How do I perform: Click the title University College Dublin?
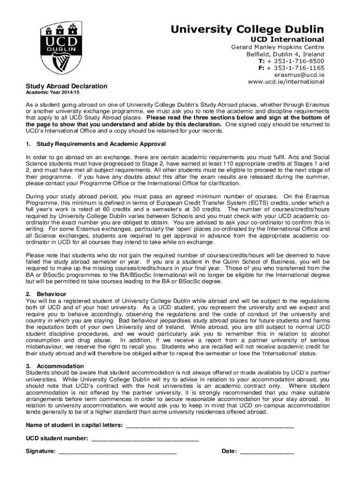(x=247, y=29)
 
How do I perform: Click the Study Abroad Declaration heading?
(x=66, y=86)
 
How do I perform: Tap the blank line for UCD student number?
(x=145, y=439)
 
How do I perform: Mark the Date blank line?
(x=267, y=452)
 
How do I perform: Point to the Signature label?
(x=41, y=451)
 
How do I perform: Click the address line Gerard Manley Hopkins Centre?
(x=278, y=47)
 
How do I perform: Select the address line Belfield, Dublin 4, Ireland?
(x=285, y=54)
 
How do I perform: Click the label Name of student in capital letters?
(x=74, y=425)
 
